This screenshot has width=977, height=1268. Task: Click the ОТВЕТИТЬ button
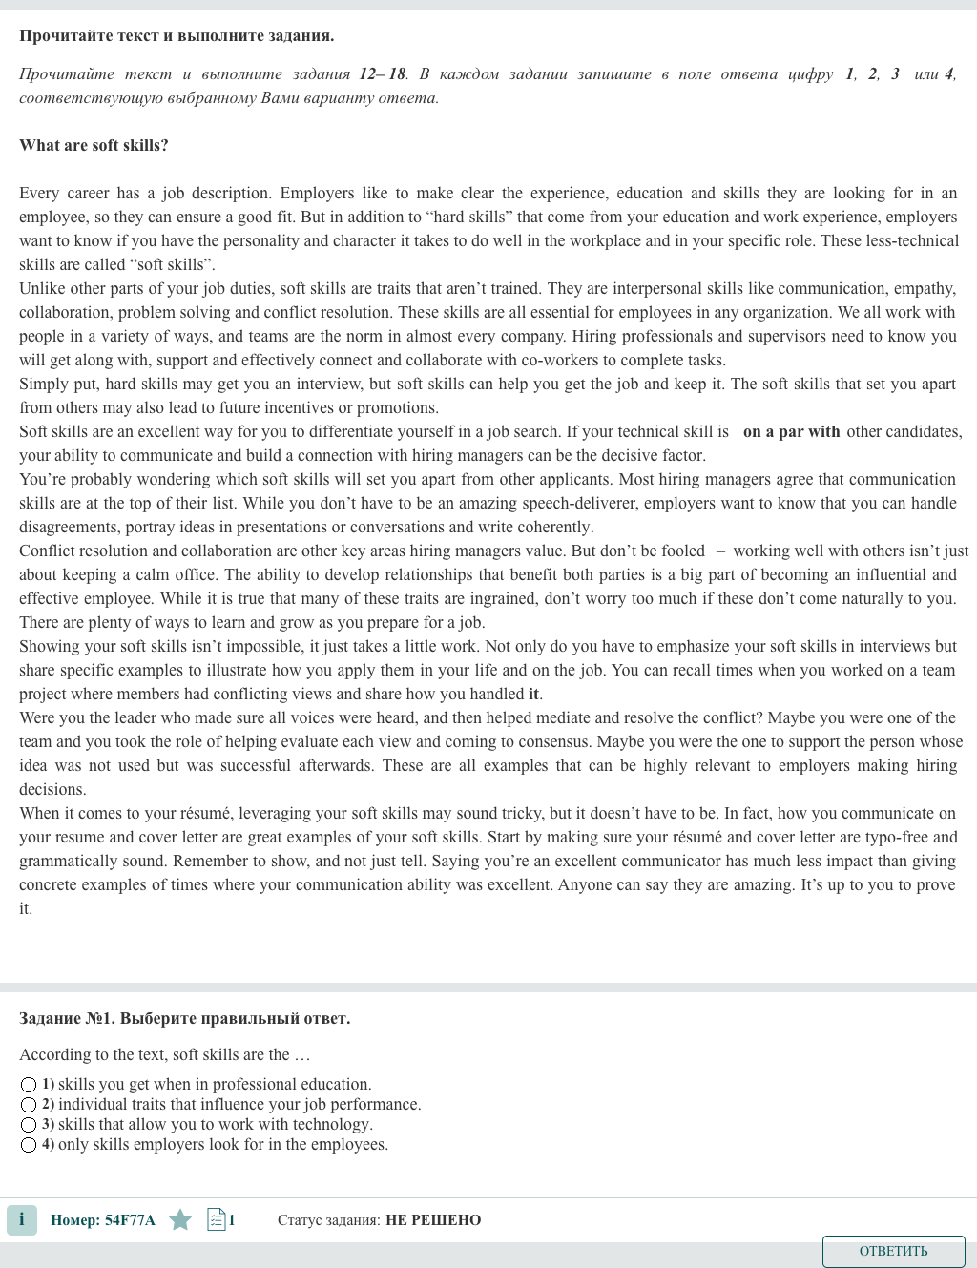(893, 1251)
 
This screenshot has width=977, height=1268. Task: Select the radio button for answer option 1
(29, 1085)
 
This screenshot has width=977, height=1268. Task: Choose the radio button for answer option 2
(29, 1105)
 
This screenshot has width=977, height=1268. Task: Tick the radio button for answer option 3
(29, 1125)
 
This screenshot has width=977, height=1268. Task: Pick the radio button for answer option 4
(29, 1145)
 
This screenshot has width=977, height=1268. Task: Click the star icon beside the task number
(180, 1219)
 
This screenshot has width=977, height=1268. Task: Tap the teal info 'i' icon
(22, 1219)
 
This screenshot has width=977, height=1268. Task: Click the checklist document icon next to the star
(217, 1219)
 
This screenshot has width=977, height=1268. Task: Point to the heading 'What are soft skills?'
(94, 145)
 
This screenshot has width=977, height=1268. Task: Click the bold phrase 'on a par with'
(791, 432)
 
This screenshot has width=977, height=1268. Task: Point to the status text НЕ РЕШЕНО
(433, 1220)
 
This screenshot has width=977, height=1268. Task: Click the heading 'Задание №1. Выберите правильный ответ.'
(184, 1018)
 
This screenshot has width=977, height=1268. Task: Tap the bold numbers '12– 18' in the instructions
(382, 74)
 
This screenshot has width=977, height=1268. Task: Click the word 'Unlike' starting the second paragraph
(42, 289)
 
